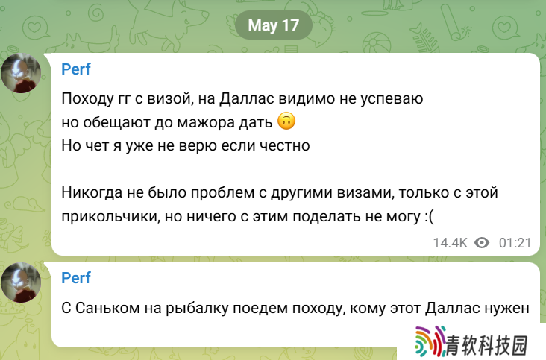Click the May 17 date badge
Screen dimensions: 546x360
273,25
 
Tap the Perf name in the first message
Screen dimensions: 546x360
76,69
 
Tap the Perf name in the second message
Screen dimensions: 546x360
76,278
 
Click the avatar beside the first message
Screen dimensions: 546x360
21,73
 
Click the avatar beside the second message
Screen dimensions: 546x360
21,282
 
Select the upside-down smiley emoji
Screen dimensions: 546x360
286,121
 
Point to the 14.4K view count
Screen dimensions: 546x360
450,243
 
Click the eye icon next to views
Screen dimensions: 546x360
482,243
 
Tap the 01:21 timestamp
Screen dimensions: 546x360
515,243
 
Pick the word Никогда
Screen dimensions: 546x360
92,192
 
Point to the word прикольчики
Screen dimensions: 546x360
110,216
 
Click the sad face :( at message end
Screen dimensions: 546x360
430,217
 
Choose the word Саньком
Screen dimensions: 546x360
107,308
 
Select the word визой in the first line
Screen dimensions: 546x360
171,99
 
